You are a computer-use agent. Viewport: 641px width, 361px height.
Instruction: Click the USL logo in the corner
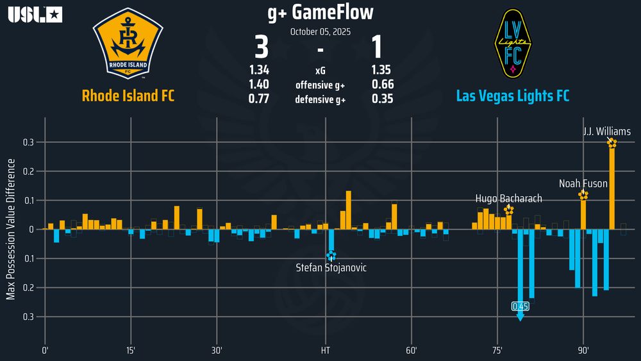[x=35, y=14]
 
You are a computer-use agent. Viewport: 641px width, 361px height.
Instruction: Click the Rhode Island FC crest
[x=128, y=43]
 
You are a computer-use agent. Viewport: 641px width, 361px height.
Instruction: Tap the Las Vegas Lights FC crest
[x=512, y=43]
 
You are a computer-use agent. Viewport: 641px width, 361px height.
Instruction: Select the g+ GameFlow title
[x=320, y=12]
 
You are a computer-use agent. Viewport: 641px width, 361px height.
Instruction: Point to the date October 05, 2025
[x=320, y=31]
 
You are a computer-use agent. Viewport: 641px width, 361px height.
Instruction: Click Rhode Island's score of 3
[x=262, y=49]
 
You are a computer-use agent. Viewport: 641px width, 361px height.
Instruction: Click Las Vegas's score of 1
[x=377, y=49]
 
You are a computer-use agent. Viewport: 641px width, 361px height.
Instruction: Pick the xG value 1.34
[x=259, y=71]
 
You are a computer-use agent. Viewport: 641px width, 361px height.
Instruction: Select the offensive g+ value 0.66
[x=383, y=85]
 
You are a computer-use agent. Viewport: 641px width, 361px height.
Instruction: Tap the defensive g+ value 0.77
[x=259, y=99]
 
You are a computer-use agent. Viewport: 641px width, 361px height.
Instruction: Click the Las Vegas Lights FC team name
[x=512, y=96]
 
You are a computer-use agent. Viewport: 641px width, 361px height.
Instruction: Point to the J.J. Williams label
[x=606, y=131]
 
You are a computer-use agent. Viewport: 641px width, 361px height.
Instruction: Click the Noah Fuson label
[x=583, y=183]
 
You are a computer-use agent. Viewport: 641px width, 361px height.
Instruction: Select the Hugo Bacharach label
[x=508, y=198]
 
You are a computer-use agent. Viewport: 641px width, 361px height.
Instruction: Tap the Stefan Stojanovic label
[x=331, y=267]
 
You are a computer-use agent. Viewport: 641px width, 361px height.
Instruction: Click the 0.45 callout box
[x=520, y=306]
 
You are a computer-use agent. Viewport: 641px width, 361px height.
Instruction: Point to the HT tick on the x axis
[x=326, y=351]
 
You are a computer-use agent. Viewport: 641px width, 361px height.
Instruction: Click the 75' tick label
[x=497, y=351]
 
